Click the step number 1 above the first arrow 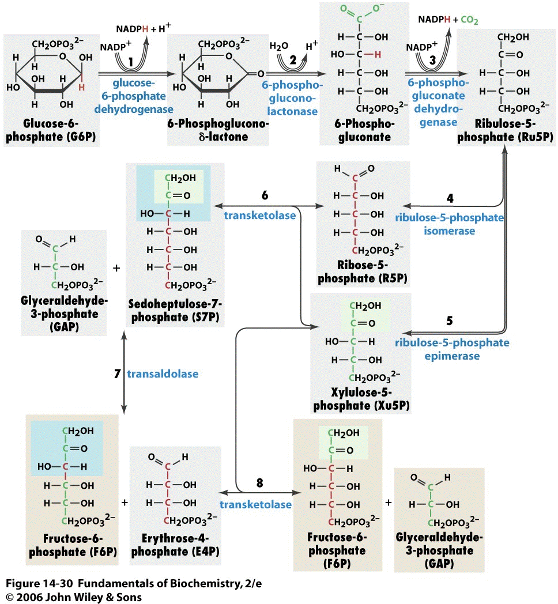pyautogui.click(x=131, y=61)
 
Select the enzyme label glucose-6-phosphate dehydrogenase pyautogui.click(x=139, y=96)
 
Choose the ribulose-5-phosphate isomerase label pyautogui.click(x=449, y=224)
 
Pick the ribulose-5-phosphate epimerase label pyautogui.click(x=452, y=349)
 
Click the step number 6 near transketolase pyautogui.click(x=265, y=196)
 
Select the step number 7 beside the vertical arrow pyautogui.click(x=117, y=374)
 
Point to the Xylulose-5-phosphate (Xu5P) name pyautogui.click(x=361, y=399)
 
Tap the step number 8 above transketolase pyautogui.click(x=259, y=483)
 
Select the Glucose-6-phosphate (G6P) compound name pyautogui.click(x=51, y=131)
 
